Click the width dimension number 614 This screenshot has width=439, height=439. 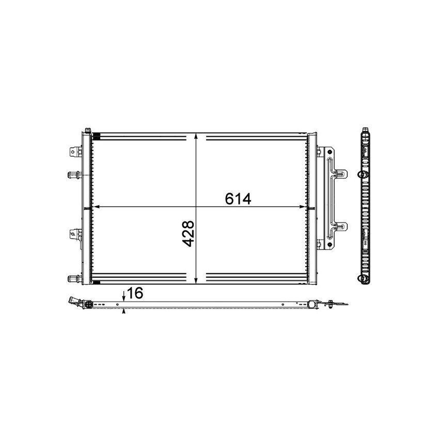(x=238, y=198)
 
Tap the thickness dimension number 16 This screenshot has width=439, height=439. (x=134, y=293)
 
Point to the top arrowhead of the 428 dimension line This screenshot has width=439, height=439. (x=196, y=136)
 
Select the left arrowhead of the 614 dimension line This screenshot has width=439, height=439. (x=95, y=208)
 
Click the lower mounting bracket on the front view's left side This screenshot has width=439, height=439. (x=75, y=235)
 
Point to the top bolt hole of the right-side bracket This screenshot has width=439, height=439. (x=319, y=152)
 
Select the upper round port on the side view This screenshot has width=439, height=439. (x=359, y=174)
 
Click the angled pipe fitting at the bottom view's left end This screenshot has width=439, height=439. (x=77, y=303)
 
